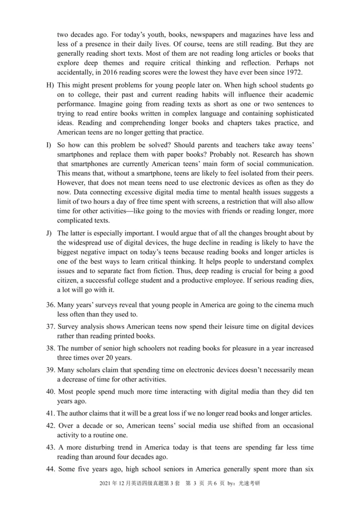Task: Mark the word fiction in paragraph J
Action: coord(164,271)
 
